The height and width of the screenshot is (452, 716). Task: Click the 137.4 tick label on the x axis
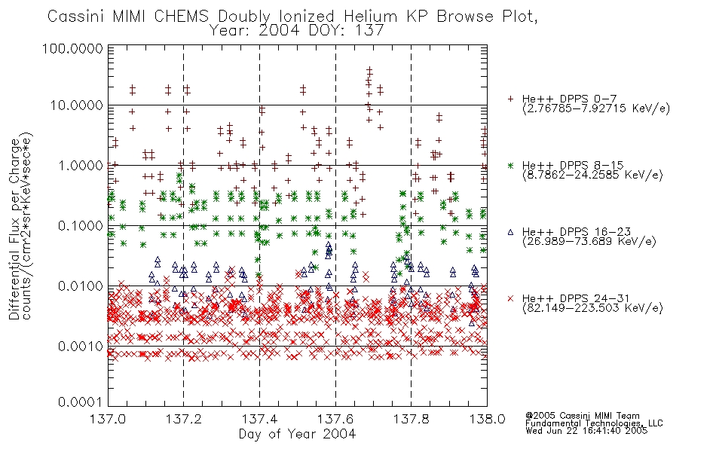260,419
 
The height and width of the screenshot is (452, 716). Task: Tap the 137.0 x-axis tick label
108,419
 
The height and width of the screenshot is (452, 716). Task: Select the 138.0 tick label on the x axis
487,419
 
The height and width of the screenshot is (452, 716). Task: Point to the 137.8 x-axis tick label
412,419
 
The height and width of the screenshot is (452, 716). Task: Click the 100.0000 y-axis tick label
72,48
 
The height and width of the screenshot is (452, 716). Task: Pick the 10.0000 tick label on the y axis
76,105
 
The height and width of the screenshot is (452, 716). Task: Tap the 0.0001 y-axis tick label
81,402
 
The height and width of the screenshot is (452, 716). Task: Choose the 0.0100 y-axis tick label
81,286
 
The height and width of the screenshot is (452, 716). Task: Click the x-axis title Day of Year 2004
297,434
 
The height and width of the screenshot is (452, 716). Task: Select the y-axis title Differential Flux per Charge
14,229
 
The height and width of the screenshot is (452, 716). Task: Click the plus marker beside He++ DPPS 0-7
511,99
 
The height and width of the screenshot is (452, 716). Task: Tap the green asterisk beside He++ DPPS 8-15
511,165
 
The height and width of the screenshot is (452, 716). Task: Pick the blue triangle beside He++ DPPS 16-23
510,232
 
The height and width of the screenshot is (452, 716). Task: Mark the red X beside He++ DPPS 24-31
511,298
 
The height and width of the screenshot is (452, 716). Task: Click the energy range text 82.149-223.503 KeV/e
592,308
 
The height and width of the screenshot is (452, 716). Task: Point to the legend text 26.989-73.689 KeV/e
589,242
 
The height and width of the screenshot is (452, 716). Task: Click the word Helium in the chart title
370,17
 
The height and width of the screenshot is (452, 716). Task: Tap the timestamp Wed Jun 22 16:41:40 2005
586,430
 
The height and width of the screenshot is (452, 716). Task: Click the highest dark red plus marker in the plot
369,70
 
